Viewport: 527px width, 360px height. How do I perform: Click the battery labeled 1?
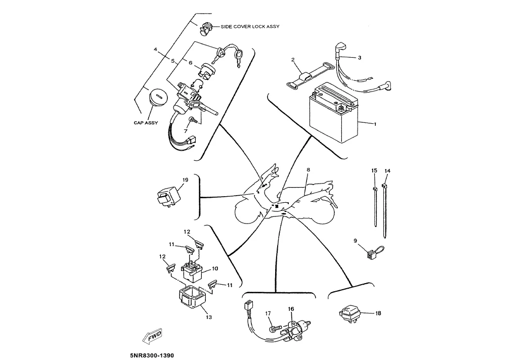(x=333, y=119)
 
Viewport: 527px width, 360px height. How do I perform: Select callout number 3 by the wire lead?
(x=359, y=58)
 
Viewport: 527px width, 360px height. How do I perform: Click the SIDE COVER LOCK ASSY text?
(x=249, y=26)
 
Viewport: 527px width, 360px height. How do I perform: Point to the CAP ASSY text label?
(x=146, y=123)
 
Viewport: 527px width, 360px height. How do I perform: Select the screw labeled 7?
(x=193, y=120)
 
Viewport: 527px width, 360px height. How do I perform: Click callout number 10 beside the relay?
(x=214, y=268)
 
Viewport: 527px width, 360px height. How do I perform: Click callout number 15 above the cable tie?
(x=374, y=171)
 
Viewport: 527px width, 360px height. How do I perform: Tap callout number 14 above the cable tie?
(x=387, y=171)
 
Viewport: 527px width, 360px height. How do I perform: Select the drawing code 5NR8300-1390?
(x=152, y=355)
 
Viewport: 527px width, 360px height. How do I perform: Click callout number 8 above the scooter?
(x=308, y=169)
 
